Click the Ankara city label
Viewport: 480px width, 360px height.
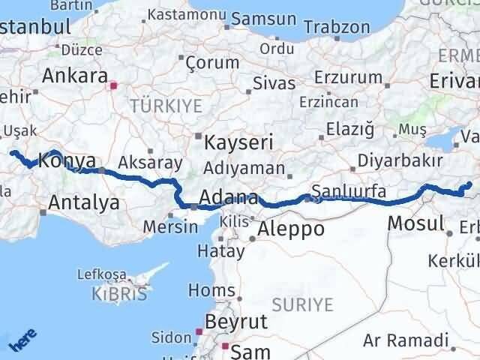[x=74, y=76]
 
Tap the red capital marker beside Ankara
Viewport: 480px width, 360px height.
[x=113, y=85]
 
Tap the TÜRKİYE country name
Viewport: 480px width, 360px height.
[x=166, y=106]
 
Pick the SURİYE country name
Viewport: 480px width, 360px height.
[x=302, y=304]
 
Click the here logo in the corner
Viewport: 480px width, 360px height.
[x=22, y=341]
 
